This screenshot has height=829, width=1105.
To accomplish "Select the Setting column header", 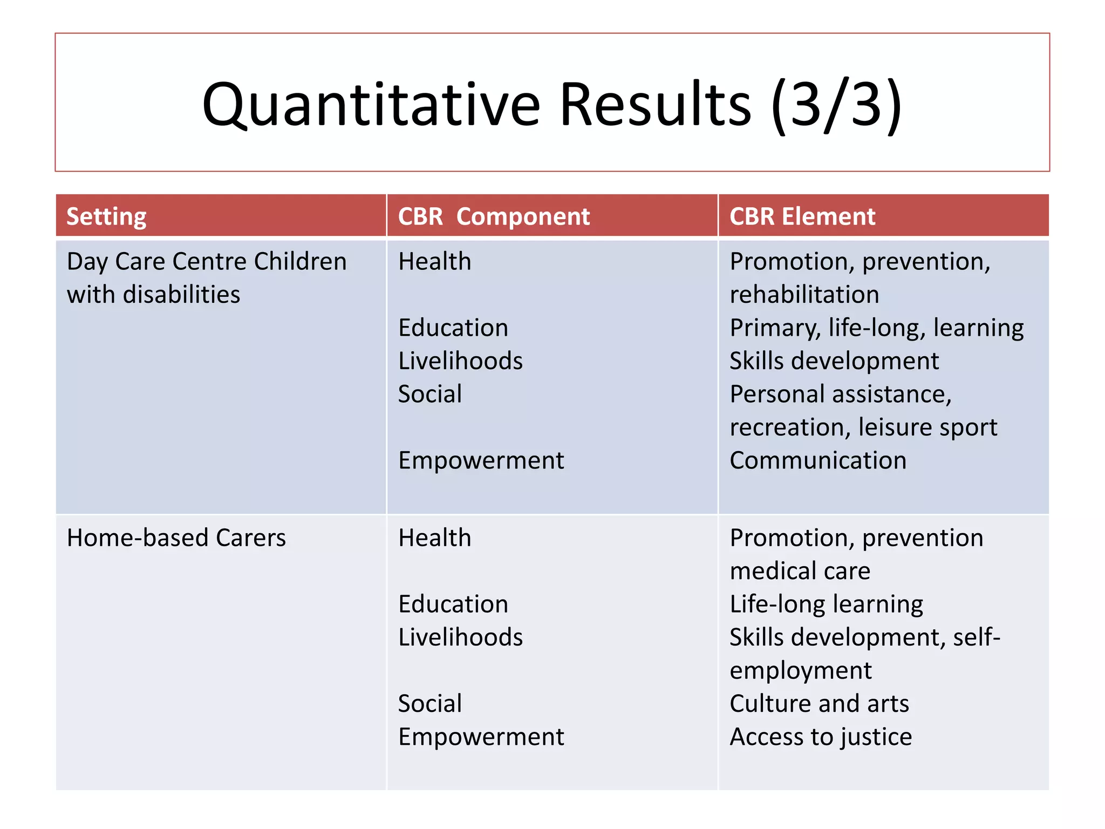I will coord(106,216).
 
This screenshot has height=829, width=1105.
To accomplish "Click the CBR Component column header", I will coord(494,216).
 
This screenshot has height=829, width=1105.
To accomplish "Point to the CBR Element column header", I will coord(802,216).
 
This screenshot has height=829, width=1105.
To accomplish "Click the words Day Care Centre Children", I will coord(207,261).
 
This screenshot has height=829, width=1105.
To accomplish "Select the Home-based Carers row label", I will coord(176,538).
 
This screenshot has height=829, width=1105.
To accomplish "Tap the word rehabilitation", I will coord(804,295).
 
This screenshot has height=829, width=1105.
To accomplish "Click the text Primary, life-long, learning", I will coord(877,328).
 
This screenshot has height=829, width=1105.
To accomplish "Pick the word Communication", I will coord(818,460).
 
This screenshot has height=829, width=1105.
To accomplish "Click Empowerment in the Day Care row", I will coord(481,460).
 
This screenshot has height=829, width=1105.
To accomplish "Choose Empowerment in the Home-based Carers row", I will coord(481,737).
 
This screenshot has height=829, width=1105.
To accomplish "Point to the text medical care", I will coord(800,571).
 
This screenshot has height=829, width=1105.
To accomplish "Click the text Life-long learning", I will coord(826,604).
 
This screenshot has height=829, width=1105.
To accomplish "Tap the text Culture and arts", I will coord(819,704).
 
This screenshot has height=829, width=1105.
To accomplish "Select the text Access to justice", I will coord(821,737).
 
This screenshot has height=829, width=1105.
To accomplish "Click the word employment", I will coord(801,671).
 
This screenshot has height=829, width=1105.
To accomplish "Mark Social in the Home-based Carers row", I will coord(430,704).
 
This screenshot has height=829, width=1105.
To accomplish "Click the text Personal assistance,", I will coord(841,394).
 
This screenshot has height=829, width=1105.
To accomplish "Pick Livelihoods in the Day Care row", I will coord(460,361).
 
